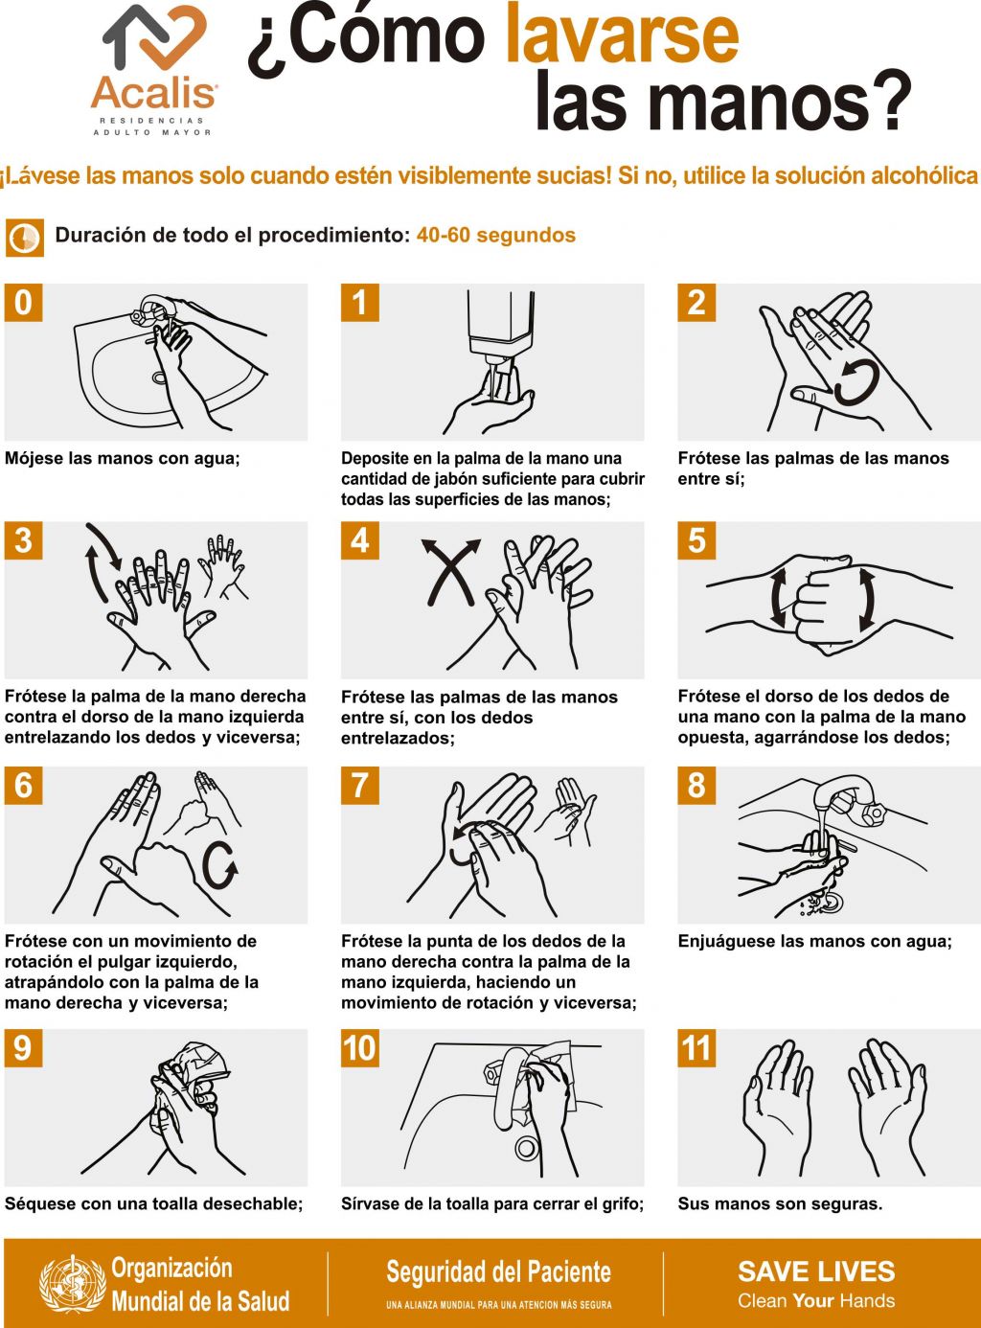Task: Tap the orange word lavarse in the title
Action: pos(623,34)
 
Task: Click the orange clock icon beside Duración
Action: pos(24,238)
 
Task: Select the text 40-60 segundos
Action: pos(496,235)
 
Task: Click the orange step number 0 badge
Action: pos(23,303)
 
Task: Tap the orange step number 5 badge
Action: pos(696,540)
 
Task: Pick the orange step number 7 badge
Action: pos(360,785)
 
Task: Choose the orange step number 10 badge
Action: pos(360,1048)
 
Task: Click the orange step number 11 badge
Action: pos(696,1048)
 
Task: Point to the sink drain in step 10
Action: pos(527,1149)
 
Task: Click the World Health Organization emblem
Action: pos(73,1283)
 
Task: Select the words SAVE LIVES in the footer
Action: pos(816,1271)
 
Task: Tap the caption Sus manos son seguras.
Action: pos(780,1204)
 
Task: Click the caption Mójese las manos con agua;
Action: pos(123,459)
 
